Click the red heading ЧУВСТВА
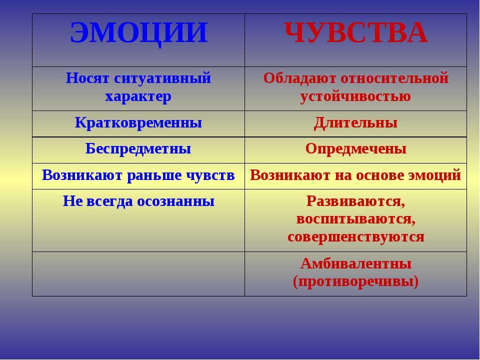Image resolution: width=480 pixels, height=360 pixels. point(355,33)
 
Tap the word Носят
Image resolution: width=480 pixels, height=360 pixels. point(87,78)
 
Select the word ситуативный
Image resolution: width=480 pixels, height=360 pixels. point(162,78)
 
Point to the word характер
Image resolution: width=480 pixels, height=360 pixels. point(138,96)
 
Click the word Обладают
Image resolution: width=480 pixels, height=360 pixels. point(299,78)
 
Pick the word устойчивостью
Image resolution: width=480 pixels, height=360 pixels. point(355,96)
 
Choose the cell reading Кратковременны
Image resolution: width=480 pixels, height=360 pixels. point(138,123)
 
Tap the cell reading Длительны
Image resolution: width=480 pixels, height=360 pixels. point(355,123)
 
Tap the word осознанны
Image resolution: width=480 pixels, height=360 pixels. point(175,201)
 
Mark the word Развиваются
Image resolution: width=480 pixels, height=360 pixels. point(355,201)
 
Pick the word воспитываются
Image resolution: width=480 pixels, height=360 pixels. point(355,219)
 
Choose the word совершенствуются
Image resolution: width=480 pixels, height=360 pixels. point(355,237)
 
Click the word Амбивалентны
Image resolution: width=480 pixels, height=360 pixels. point(355,263)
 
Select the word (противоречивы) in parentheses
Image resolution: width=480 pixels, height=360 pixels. point(355,281)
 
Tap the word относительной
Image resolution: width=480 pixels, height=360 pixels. point(394,78)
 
